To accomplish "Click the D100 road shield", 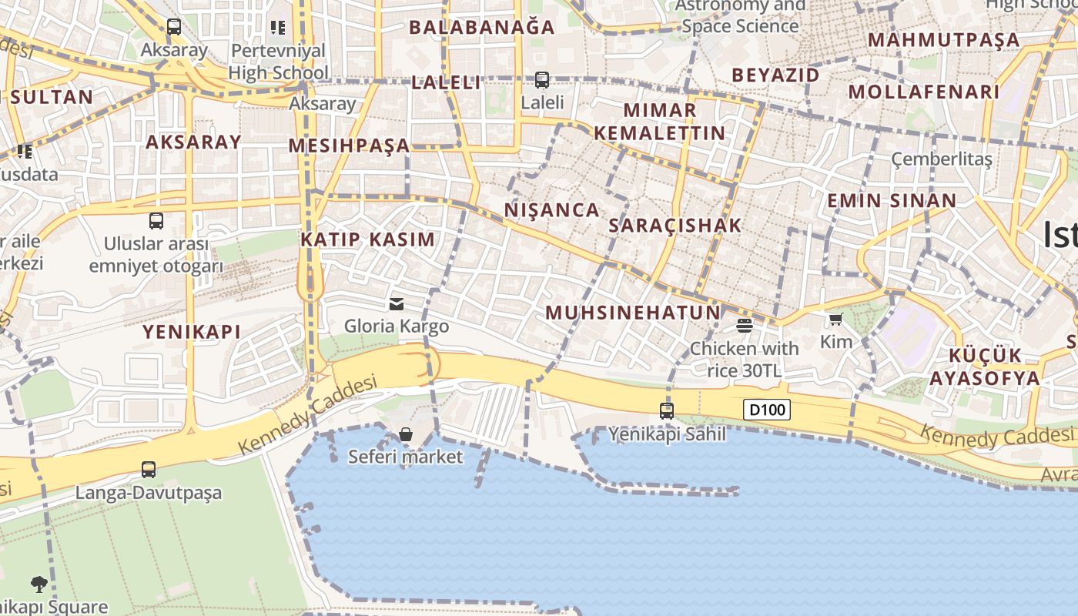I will (x=767, y=410).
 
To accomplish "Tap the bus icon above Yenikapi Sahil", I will (x=667, y=411).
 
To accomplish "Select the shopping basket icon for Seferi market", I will (x=406, y=434).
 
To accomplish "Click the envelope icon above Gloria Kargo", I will (x=397, y=303).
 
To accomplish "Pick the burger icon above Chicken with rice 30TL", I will (x=744, y=325).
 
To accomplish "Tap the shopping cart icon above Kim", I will (x=836, y=319).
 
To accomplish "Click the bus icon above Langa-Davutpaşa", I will (x=148, y=469).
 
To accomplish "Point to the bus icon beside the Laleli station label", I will (x=542, y=79).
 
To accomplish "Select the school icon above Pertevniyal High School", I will (x=278, y=28).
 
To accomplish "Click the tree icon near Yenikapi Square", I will (x=39, y=584).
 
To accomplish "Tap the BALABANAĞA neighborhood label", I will (x=481, y=28).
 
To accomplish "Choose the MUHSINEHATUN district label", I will (x=633, y=313).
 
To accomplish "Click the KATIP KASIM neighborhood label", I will (x=368, y=239).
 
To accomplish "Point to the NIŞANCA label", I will (x=551, y=210).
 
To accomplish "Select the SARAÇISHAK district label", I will (x=675, y=226).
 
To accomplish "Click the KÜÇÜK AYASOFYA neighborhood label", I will (x=984, y=367).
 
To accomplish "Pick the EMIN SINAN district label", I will (x=892, y=201).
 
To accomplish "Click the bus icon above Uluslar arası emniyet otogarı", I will (x=156, y=221).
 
